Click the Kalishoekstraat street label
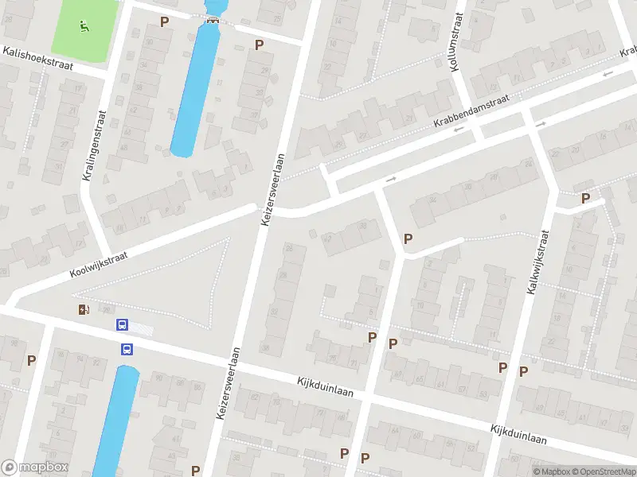point(37,59)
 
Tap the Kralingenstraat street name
point(94,145)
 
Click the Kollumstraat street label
point(456,45)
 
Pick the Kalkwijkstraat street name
point(538,263)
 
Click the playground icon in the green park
point(84,25)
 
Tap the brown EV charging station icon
point(83,309)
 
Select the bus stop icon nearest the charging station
point(122,324)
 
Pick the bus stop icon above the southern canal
point(127,348)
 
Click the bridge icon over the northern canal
point(212,20)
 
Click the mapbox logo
point(35,467)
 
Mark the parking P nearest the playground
point(165,21)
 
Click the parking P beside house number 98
point(32,360)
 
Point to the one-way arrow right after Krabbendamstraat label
point(541,124)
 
